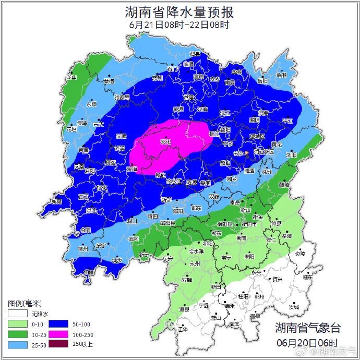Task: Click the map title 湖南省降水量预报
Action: (179, 11)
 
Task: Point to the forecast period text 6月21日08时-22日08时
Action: (179, 25)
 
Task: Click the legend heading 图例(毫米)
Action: (25, 303)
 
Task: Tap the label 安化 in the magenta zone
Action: (165, 141)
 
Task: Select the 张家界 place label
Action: (122, 97)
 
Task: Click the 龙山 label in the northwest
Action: (71, 77)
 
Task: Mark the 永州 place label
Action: (195, 265)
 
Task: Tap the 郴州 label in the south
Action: (259, 296)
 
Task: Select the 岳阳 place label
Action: (262, 81)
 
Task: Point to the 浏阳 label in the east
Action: (291, 155)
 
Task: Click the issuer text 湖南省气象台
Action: (307, 328)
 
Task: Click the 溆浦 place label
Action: (132, 169)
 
